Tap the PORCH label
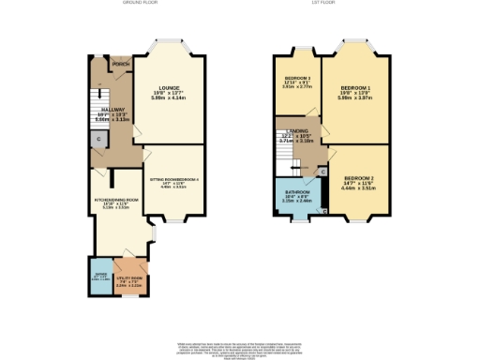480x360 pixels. [120, 65]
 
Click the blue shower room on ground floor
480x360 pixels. [100, 277]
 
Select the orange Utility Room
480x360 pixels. [130, 280]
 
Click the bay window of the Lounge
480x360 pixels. [169, 43]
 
